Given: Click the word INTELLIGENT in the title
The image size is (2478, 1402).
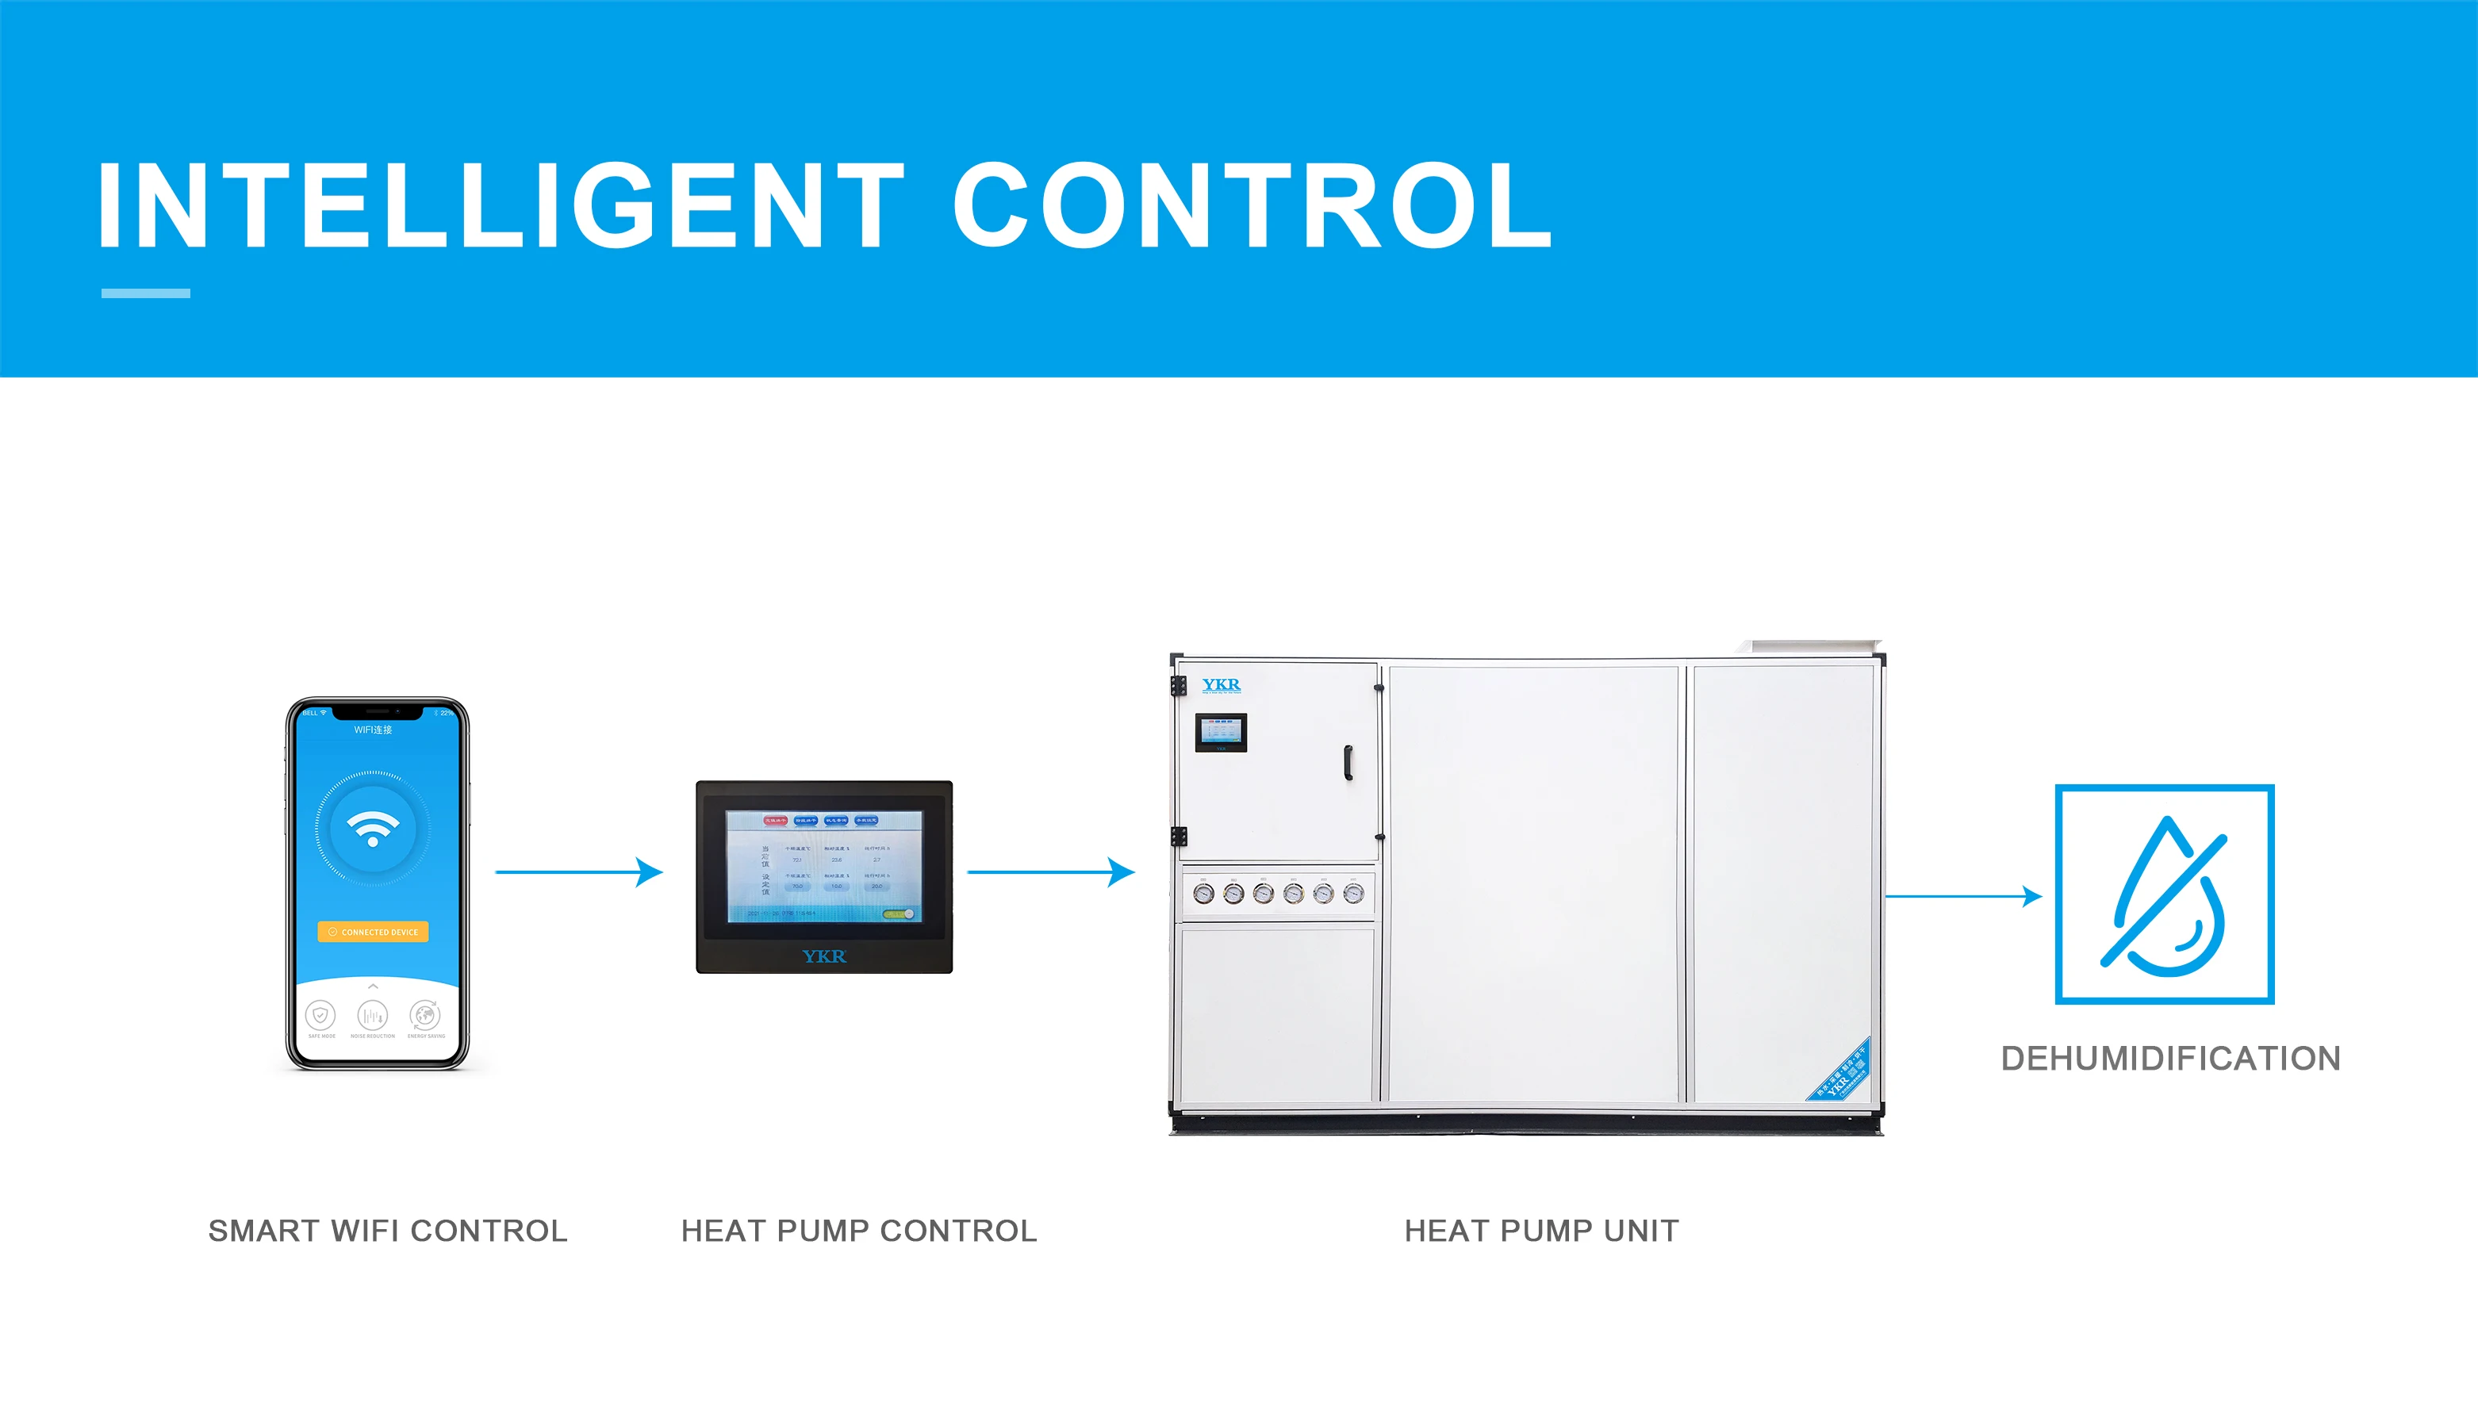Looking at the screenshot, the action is pos(501,205).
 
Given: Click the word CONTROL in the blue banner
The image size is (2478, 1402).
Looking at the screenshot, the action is pos(1251,205).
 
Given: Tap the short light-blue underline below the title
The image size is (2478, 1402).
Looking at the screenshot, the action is pos(145,293).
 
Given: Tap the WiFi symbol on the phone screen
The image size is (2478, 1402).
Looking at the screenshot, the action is pos(373,827).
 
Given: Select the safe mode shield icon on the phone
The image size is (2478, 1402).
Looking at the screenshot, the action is pos(320,1015).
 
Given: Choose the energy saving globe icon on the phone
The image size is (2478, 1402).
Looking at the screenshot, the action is pos(424,1015).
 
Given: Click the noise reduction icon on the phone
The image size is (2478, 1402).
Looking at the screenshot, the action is pos(373,1015).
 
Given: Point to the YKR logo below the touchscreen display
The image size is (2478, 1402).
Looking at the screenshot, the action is pos(824,956).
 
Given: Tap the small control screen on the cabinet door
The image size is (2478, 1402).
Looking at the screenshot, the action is pos(1220,732).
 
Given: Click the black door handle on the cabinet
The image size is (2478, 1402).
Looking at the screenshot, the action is pos(1348,763).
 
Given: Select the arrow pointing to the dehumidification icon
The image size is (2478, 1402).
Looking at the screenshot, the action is pos(1964,895).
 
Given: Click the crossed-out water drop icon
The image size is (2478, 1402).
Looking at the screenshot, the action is pos(2164,894).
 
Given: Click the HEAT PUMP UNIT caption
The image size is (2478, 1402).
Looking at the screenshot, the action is pos(1541,1231).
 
